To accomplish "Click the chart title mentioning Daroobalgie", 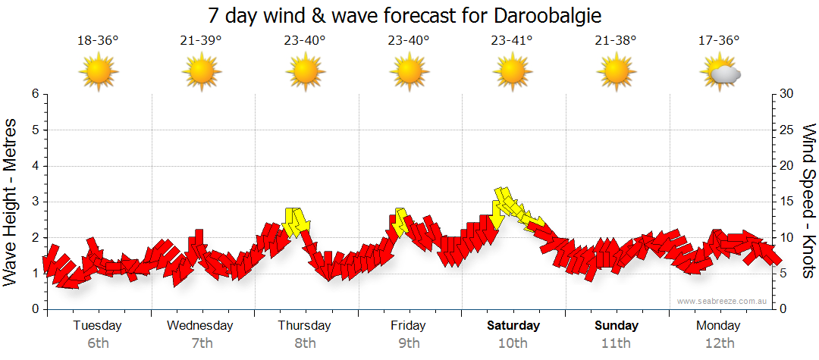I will click(x=409, y=15).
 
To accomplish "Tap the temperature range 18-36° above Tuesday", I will click(x=98, y=41).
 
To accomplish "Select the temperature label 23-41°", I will click(x=512, y=41).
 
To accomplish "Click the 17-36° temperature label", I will click(x=719, y=41).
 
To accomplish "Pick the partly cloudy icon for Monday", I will click(x=720, y=74).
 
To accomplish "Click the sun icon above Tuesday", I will click(x=98, y=74).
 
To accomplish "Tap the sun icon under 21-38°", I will click(x=616, y=74).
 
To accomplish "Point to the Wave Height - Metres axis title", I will click(x=11, y=202).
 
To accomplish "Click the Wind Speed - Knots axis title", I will click(x=808, y=202).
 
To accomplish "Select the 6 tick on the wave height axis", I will click(x=35, y=94).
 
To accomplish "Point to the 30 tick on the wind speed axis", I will click(x=787, y=94).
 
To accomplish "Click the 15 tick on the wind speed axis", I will click(x=787, y=202).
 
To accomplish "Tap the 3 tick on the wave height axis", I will click(x=35, y=202).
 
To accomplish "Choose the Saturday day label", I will click(x=513, y=326).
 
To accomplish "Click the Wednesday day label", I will click(x=200, y=326).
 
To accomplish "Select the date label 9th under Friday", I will click(x=409, y=343).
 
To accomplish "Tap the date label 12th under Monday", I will click(x=719, y=343).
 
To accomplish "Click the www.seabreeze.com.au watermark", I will click(x=723, y=301).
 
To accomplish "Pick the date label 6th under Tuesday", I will click(x=98, y=343).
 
